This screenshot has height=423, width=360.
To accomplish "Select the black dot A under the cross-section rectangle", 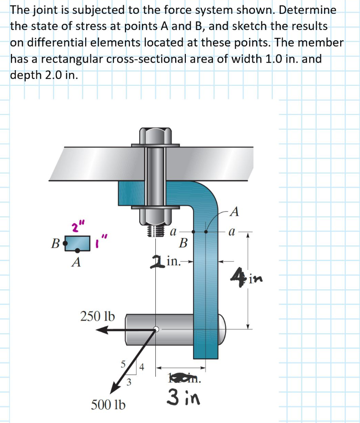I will point(77,250).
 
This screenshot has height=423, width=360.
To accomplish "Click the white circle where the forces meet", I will point(156,329).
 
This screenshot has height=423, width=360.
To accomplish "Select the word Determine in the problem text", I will point(310,10).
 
